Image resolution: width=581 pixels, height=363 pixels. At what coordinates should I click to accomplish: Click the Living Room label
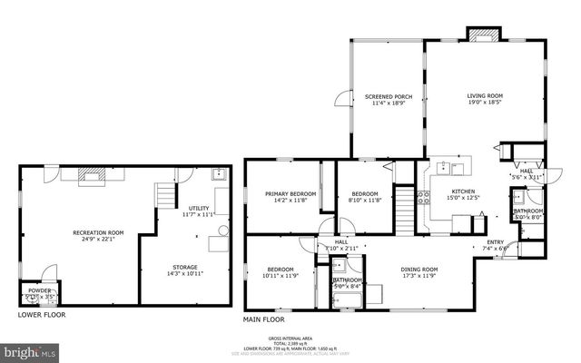[x=485, y=96]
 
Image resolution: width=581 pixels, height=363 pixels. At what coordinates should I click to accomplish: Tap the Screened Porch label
[x=389, y=96]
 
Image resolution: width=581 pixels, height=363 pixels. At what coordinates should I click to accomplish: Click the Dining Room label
[x=419, y=270]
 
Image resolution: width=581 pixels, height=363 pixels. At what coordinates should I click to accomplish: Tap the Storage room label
[x=185, y=268]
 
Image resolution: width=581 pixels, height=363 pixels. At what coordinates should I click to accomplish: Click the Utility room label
[x=198, y=210]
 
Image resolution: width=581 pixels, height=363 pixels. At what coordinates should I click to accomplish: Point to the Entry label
[x=495, y=242]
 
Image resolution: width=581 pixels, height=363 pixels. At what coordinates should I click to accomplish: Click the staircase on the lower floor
[x=165, y=194]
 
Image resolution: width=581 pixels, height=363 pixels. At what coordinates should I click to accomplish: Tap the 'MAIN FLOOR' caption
[x=263, y=319]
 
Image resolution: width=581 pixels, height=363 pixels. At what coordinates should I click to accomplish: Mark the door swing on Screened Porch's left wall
[x=341, y=101]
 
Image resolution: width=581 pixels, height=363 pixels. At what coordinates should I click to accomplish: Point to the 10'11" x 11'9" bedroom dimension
[x=280, y=275]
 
